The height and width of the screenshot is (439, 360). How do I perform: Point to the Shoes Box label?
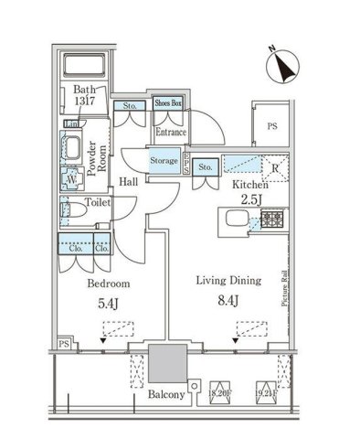pyautogui.click(x=170, y=104)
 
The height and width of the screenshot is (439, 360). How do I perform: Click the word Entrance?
pyautogui.click(x=171, y=134)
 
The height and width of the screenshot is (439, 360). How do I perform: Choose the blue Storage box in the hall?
pyautogui.click(x=164, y=160)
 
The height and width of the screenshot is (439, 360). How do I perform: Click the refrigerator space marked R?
pyautogui.click(x=274, y=166)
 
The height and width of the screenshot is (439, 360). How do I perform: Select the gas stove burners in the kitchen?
pyautogui.click(x=271, y=219)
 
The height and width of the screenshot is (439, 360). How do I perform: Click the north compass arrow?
pyautogui.click(x=283, y=64)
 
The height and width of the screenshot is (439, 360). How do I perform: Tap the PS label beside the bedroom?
pyautogui.click(x=62, y=344)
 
